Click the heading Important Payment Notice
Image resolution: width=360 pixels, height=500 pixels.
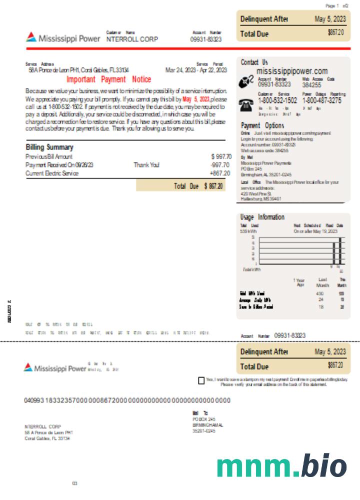coord(108,79)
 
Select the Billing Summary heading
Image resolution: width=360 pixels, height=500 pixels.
coord(49,147)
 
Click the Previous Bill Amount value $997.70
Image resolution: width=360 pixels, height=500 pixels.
coord(221,156)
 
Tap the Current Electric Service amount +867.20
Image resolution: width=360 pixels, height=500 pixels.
coord(220,173)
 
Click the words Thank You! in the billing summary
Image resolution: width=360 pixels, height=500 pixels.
coord(146,165)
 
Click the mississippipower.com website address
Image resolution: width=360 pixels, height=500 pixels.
coord(292,71)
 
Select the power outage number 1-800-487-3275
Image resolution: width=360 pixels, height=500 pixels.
coord(322,100)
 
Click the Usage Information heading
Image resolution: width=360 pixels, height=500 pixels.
coord(262,217)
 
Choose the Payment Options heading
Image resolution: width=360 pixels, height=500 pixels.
coord(262,125)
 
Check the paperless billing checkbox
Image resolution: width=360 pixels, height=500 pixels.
coord(201,380)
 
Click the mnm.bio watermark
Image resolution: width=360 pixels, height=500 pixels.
coord(281,466)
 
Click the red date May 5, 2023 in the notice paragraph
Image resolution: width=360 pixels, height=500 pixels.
coord(196,99)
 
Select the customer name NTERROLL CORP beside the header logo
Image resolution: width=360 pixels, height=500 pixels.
coord(132,39)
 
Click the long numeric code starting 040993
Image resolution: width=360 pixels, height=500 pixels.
coord(127,400)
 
